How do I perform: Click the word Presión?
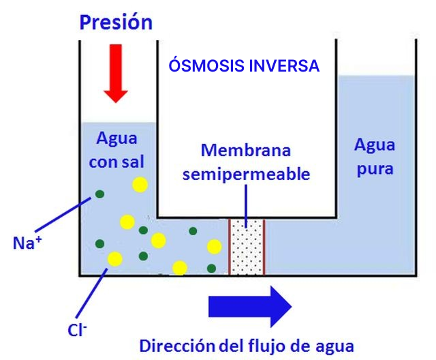(x=116, y=22)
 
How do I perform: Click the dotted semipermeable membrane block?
(x=246, y=246)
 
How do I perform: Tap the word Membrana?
(x=246, y=150)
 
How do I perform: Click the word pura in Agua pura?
(x=375, y=168)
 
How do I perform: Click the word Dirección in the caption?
(x=175, y=344)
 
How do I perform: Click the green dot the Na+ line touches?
(x=100, y=194)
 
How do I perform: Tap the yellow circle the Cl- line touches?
(x=114, y=259)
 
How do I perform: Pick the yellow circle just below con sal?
(x=140, y=184)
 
